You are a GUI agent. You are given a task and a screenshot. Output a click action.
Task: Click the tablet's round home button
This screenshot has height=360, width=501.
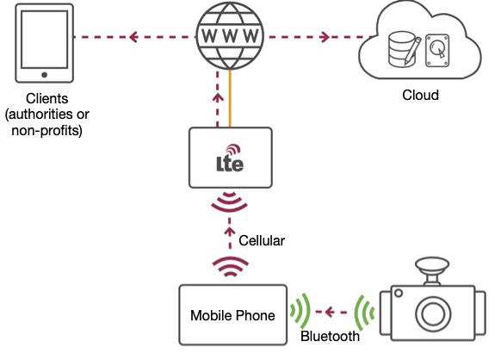[45, 75]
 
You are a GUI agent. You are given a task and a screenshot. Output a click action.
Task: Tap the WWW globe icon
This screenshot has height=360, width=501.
[230, 36]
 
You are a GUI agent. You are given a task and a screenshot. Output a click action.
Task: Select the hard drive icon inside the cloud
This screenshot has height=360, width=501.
[437, 51]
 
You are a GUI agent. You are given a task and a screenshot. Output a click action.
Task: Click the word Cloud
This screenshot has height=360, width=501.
[420, 95]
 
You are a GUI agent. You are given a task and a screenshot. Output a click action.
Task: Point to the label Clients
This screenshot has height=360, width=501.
[47, 98]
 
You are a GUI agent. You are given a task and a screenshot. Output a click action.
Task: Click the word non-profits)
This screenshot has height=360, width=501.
[47, 130]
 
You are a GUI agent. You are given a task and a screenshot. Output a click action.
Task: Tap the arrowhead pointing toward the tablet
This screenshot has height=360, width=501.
[133, 37]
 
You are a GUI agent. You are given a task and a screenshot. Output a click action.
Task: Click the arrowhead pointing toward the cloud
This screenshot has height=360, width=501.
[325, 37]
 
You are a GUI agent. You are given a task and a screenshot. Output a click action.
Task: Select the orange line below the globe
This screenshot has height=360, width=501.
[230, 98]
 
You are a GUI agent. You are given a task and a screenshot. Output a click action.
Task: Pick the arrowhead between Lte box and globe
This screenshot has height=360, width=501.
[218, 97]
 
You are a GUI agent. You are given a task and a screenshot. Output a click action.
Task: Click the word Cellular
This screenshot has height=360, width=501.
[262, 241]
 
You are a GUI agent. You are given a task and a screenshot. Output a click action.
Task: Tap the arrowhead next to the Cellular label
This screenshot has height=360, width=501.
[230, 231]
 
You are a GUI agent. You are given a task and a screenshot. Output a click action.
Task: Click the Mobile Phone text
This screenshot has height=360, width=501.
[232, 315]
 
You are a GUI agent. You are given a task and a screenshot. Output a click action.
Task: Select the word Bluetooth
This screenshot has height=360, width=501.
[330, 336]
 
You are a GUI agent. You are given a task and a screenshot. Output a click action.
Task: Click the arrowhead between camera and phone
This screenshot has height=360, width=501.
[329, 312]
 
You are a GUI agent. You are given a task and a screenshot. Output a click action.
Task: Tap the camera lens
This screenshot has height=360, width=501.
[433, 313]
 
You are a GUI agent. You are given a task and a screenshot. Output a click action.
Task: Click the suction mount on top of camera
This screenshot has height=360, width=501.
[432, 270]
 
